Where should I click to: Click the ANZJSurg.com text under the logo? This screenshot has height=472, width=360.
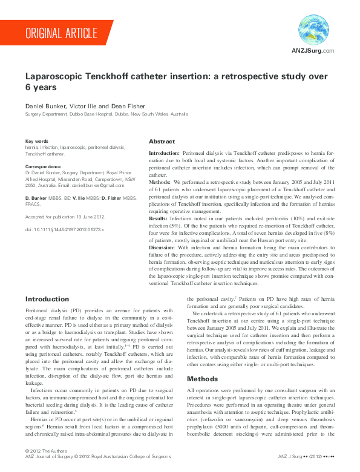coord(313,51)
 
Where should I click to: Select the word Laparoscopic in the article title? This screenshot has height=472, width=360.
coord(54,77)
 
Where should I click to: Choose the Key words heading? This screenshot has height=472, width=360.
coord(37,141)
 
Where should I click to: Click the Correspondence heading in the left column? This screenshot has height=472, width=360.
coord(43,166)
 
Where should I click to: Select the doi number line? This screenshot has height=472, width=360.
coord(65,230)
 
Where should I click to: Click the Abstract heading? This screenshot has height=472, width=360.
coord(162,141)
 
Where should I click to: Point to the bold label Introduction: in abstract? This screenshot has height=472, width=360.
coord(165,154)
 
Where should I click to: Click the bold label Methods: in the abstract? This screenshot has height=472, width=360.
coord(160,182)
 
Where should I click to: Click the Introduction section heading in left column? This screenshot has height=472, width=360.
coord(47,299)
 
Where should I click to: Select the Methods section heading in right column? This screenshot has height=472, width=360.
coord(203,379)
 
